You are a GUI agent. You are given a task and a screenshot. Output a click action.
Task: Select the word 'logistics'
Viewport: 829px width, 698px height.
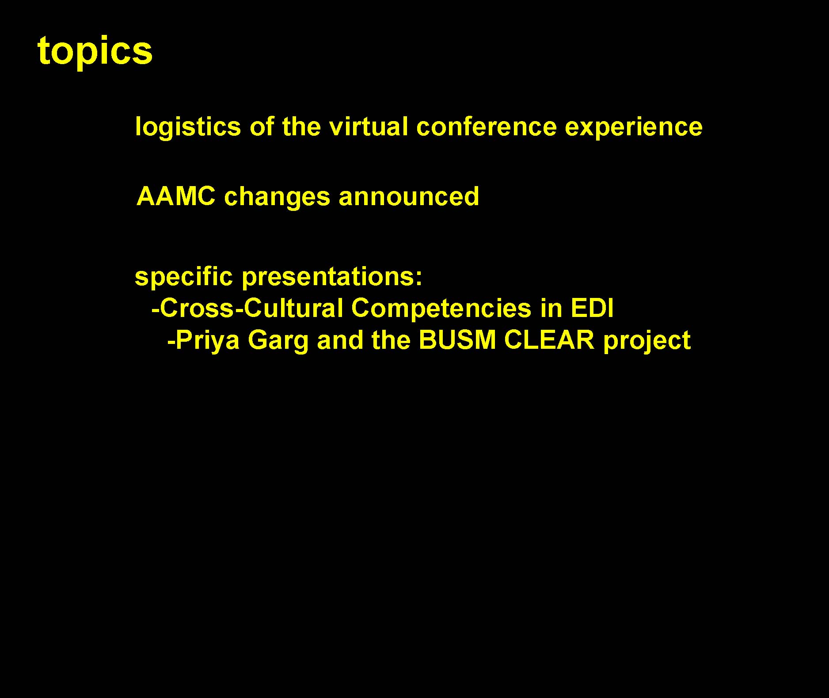(188, 128)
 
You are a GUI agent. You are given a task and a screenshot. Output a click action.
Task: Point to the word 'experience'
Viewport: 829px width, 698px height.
(634, 128)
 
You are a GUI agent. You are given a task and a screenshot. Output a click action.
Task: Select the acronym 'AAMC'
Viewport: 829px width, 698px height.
(176, 196)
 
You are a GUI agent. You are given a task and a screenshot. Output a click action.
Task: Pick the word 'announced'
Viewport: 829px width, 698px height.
(409, 196)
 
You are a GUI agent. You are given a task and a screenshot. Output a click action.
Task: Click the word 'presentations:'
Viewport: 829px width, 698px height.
(332, 278)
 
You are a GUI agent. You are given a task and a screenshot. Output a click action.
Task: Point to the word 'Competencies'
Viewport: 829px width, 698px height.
(441, 309)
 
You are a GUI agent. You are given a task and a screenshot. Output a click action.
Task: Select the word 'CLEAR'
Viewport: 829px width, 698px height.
(549, 340)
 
